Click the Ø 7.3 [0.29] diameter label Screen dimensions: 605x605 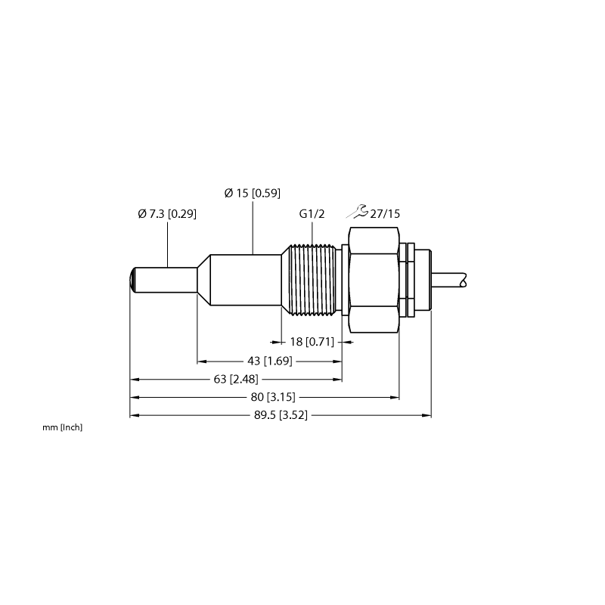click(167, 214)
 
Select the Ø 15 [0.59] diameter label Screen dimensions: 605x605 click(253, 193)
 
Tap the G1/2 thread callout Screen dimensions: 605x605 click(312, 214)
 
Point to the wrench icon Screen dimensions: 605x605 click(357, 212)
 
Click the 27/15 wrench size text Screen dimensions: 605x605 click(385, 214)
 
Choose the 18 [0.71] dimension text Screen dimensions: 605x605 click(312, 342)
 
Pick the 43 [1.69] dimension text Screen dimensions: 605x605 click(270, 361)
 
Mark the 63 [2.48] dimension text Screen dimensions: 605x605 click(236, 380)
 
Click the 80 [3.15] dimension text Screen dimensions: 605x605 click(273, 397)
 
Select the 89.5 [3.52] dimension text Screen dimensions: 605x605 click(281, 415)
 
